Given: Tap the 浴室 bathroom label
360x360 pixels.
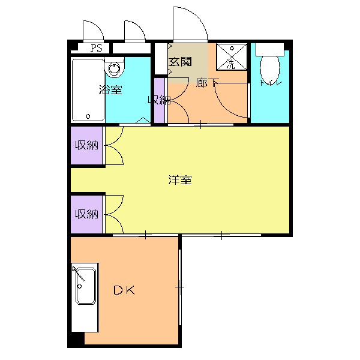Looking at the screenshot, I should click(x=111, y=91).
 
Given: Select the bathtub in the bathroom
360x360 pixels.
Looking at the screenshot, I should click(x=88, y=89).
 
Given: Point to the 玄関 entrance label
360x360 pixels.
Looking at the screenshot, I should click(x=179, y=62).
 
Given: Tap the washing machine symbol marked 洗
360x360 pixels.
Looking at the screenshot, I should click(x=231, y=56).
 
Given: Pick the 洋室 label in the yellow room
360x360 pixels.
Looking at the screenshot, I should click(x=180, y=179).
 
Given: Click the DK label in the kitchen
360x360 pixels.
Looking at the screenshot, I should click(x=125, y=291).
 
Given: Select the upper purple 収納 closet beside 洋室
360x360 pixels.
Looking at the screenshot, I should click(x=87, y=145).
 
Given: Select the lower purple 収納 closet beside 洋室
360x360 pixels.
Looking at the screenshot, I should click(x=87, y=214).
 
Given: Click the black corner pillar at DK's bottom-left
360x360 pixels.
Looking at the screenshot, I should click(x=76, y=339).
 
